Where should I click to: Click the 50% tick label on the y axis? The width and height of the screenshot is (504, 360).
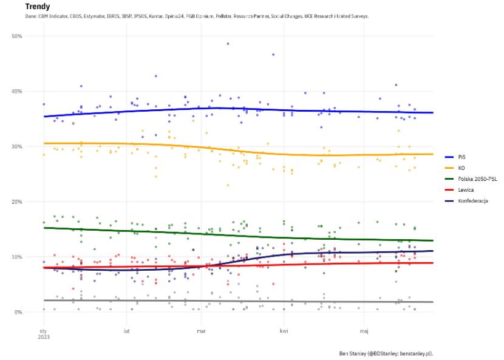point(17,36)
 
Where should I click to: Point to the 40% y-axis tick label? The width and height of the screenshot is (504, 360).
point(17,92)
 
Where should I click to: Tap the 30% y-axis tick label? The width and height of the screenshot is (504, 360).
point(17,147)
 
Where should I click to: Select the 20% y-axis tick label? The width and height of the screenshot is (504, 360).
point(17,202)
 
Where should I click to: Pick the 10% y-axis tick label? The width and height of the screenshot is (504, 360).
point(17,257)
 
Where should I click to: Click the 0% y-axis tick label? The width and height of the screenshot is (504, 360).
point(18,313)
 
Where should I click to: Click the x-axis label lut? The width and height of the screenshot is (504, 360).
point(126,331)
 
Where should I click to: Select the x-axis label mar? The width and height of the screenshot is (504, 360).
point(202,331)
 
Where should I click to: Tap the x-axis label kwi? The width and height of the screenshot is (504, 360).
point(284,331)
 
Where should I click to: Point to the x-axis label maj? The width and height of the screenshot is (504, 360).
point(364,331)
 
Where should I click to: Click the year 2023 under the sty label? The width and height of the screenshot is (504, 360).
point(44,338)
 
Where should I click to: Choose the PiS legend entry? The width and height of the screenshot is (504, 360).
point(461,156)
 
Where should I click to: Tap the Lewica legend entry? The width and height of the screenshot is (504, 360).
point(466,190)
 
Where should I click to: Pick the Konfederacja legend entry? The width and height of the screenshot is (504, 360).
point(473,201)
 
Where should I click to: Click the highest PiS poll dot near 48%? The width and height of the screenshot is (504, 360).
point(228,44)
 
